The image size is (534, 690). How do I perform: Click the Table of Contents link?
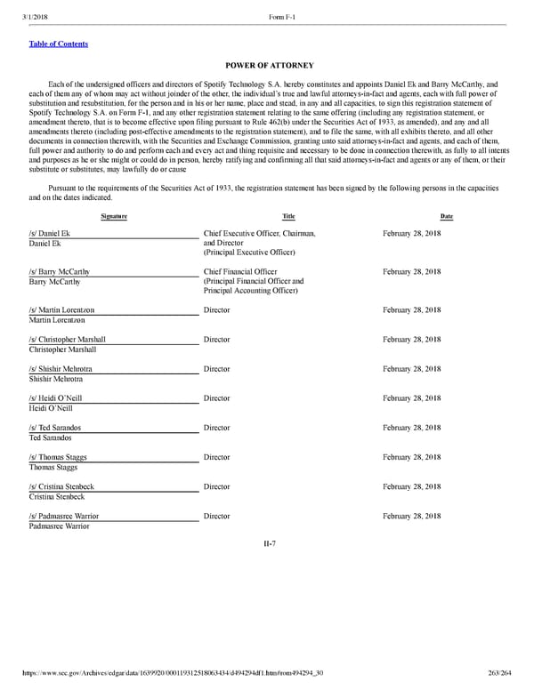click(59, 44)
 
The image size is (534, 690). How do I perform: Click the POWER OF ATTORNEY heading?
click(267, 65)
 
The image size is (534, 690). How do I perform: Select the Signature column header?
click(113, 216)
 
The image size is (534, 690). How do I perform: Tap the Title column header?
click(288, 216)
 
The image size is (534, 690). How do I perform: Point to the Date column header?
click(446, 216)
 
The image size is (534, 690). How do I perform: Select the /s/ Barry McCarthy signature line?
click(59, 272)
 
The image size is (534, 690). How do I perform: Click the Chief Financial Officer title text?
click(240, 272)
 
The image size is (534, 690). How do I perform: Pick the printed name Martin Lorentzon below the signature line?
click(61, 320)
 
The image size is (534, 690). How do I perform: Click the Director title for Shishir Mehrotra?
click(216, 369)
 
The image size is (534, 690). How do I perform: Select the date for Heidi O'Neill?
click(411, 398)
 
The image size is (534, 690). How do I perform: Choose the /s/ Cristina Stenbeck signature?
click(61, 487)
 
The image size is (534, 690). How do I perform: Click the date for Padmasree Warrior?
click(411, 516)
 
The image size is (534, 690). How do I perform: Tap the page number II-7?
click(268, 544)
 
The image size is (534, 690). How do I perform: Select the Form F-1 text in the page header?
click(284, 17)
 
